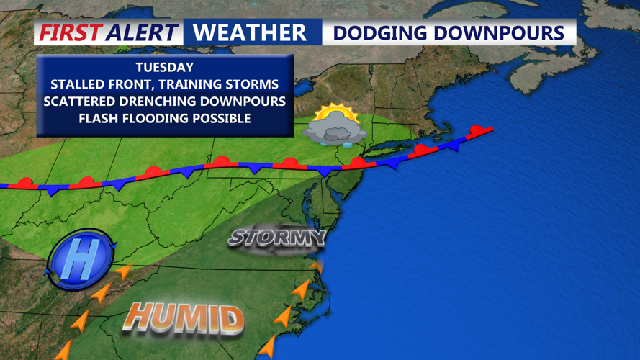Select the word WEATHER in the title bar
pos(250,32)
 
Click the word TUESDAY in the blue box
pos(165,67)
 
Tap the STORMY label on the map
pos(277,238)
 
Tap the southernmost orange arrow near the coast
pos(267,348)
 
